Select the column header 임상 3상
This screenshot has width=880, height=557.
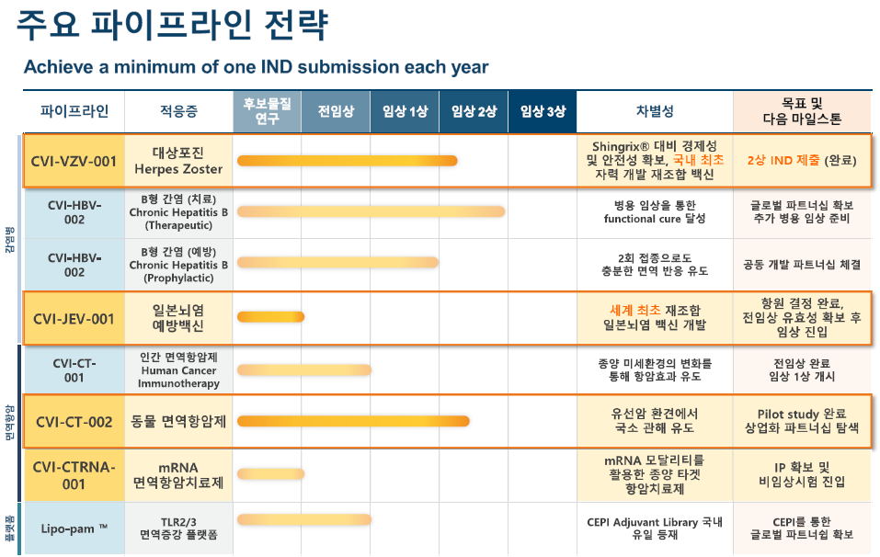coord(543,112)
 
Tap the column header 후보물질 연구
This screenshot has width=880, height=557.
coord(268,112)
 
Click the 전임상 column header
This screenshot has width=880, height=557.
coord(336,112)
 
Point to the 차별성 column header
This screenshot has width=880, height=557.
coord(655,112)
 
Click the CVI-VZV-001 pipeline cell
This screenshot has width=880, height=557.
coord(74,161)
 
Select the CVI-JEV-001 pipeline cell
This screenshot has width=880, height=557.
coord(74,318)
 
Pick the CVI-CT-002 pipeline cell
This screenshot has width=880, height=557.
coord(74,422)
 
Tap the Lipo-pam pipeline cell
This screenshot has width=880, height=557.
coord(74,528)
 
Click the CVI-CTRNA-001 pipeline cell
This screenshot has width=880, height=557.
coord(74,474)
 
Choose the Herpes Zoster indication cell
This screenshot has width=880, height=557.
coord(178,161)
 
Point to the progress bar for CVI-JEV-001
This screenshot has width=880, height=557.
coord(270,318)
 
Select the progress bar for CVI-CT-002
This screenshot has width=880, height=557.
coord(353,422)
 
